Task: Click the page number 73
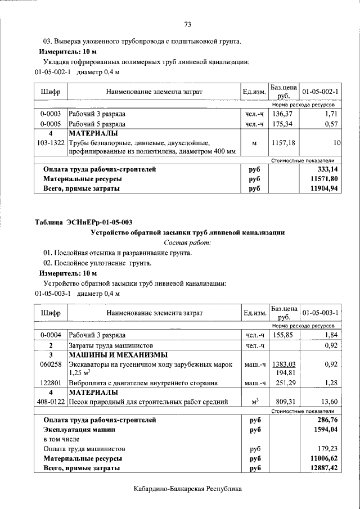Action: tap(188, 24)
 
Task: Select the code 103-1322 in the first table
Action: tap(51, 143)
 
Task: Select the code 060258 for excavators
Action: tap(51, 364)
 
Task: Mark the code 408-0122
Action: tap(51, 402)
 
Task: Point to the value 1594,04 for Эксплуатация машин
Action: tap(328, 429)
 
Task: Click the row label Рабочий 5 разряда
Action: tap(97, 124)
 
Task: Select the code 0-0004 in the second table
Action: tap(51, 335)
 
